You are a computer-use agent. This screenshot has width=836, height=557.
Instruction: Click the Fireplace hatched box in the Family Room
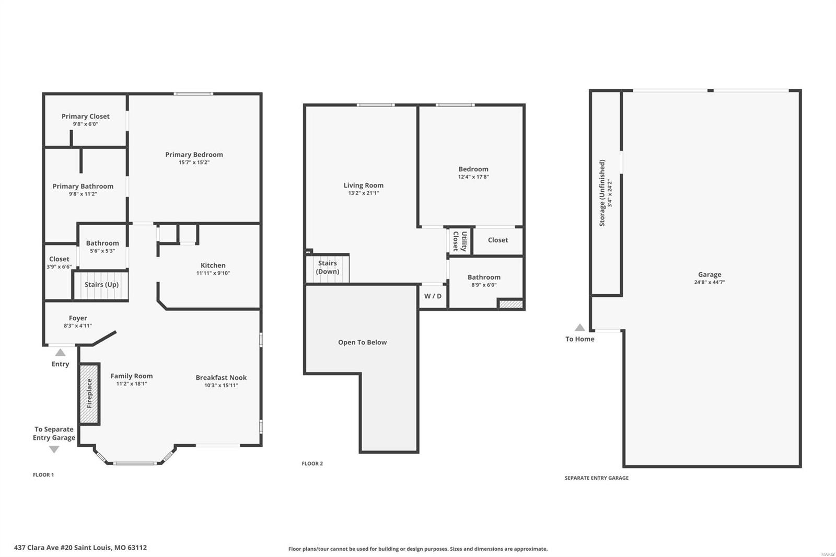[89, 393]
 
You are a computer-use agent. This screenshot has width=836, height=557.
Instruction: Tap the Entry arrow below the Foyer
[60, 352]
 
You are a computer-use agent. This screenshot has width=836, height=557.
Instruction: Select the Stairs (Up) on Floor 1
[101, 285]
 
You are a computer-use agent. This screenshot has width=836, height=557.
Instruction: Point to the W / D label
[433, 296]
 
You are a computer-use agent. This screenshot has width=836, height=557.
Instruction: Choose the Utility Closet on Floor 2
[460, 241]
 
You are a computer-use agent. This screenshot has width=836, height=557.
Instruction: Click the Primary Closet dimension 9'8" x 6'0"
[86, 124]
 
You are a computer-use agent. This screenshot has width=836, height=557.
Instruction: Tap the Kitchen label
[213, 265]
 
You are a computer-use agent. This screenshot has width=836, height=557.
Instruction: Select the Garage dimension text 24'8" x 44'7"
[710, 282]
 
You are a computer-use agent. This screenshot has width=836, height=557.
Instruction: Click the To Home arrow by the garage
[579, 328]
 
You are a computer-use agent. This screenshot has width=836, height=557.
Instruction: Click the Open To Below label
[363, 342]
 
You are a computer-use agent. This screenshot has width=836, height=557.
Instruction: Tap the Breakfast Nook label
[221, 377]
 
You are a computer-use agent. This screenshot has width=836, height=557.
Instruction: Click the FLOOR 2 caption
[312, 463]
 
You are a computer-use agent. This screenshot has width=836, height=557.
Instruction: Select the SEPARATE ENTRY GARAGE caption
[596, 478]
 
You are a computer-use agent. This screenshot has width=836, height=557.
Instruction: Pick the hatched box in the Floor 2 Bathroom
[511, 304]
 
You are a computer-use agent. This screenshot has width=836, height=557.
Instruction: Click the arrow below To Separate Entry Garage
[54, 449]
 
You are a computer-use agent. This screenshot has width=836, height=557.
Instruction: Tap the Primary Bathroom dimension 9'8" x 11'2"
[83, 194]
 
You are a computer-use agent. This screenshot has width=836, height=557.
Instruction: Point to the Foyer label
[78, 318]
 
